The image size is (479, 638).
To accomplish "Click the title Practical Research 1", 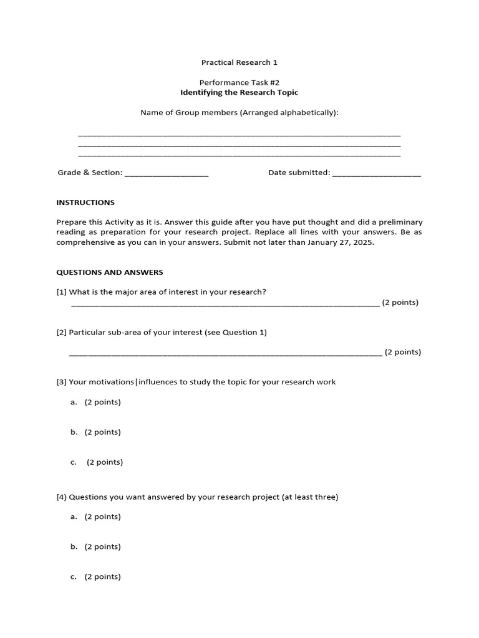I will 239,62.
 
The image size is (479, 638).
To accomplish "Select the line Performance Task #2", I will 239,82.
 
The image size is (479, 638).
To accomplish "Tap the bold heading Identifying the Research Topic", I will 239,92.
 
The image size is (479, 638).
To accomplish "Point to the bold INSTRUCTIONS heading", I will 85,202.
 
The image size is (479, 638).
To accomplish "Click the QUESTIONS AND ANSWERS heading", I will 110,272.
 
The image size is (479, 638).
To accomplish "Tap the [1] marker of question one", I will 62,292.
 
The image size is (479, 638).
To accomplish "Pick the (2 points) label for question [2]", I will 403,352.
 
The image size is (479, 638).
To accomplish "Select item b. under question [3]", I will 74,432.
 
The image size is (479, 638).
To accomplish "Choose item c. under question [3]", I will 74,462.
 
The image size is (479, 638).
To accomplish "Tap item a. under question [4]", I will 74,517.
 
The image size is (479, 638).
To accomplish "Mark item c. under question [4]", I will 74,576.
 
